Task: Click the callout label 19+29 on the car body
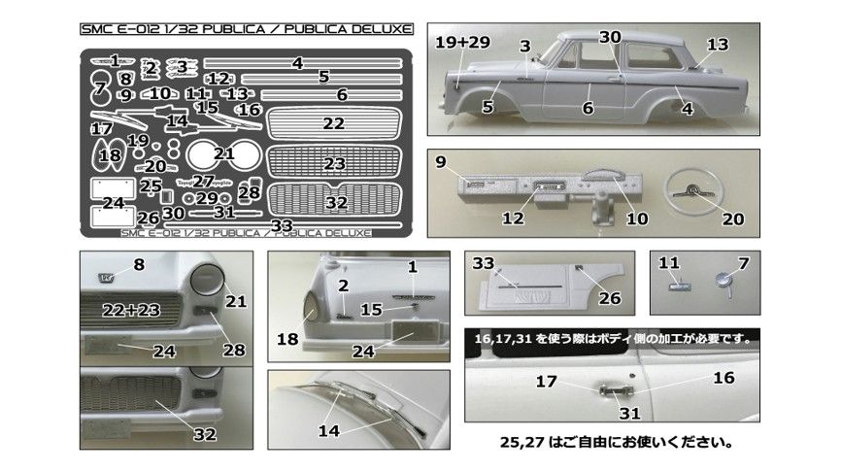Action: point(464,43)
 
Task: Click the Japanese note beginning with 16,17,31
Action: point(615,339)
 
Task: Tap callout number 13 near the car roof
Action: point(718,45)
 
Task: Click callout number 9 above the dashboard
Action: point(441,162)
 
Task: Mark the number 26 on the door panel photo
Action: point(609,298)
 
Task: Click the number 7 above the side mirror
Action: point(744,262)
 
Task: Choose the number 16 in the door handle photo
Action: point(723,377)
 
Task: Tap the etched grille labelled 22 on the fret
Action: point(333,123)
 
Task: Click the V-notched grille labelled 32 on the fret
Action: point(336,203)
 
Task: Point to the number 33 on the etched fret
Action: point(283,225)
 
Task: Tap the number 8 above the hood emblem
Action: point(138,264)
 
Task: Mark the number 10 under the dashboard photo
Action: point(637,219)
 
